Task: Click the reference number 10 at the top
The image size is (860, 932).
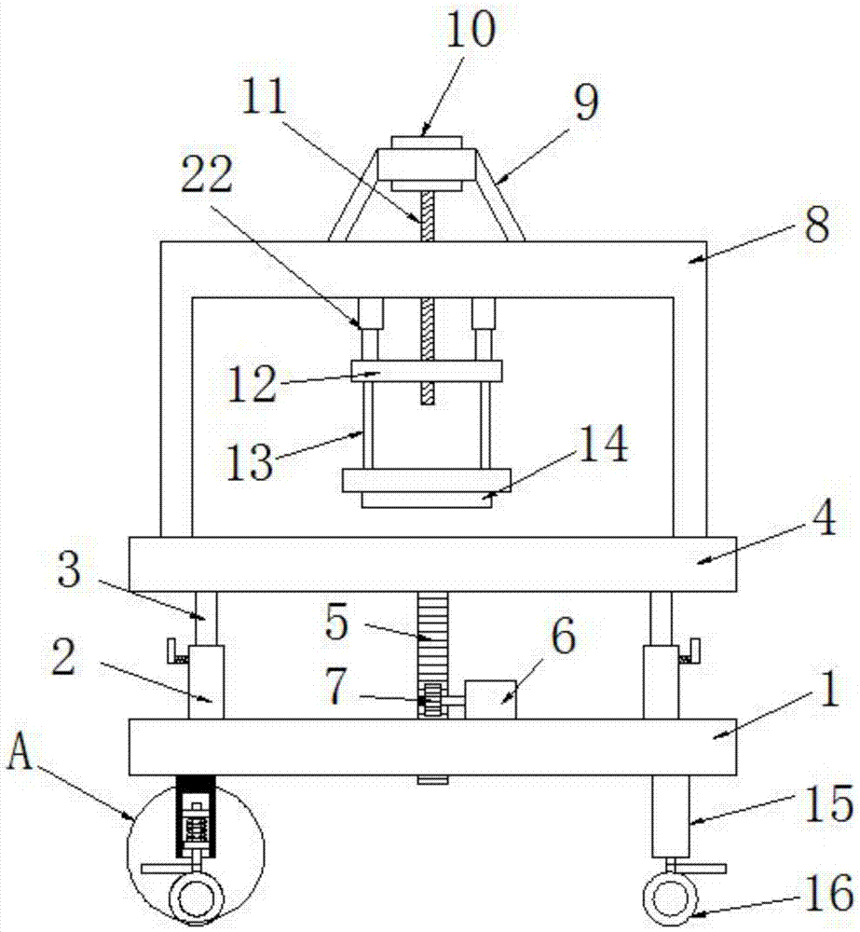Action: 470,29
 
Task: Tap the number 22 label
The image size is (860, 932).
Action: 206,173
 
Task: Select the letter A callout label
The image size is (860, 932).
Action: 20,750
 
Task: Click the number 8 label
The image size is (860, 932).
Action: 816,225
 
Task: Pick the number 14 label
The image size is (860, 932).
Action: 603,443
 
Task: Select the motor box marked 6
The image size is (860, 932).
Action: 490,700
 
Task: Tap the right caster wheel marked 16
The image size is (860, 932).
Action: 670,898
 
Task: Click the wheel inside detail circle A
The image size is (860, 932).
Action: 197,899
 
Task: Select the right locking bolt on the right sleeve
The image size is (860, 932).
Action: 689,651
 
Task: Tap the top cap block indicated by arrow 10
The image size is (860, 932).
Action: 427,143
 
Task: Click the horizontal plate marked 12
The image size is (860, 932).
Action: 427,371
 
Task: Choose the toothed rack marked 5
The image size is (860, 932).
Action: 432,655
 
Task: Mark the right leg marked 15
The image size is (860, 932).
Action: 671,815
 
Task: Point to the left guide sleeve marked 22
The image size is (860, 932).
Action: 370,312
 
